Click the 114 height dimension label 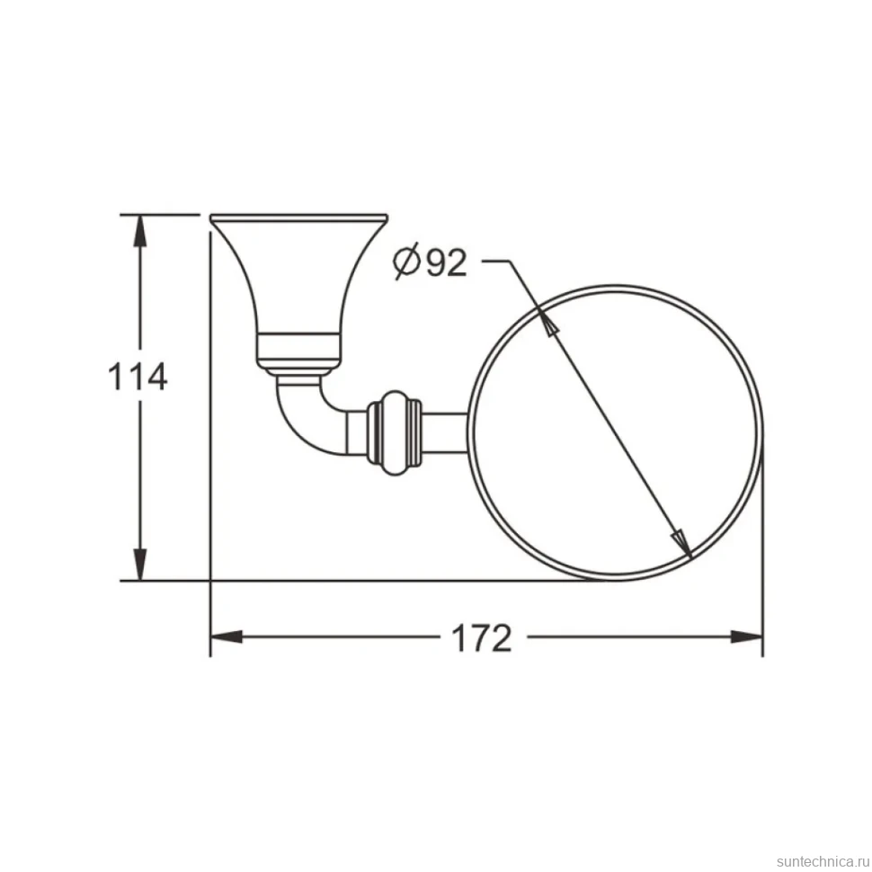[138, 377]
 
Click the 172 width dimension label [481, 638]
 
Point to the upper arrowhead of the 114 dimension [140, 231]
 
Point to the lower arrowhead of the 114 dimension [140, 565]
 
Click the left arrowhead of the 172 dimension [227, 637]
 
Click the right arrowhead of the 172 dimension [746, 637]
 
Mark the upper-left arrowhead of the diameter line [547, 322]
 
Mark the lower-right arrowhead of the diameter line [681, 543]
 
